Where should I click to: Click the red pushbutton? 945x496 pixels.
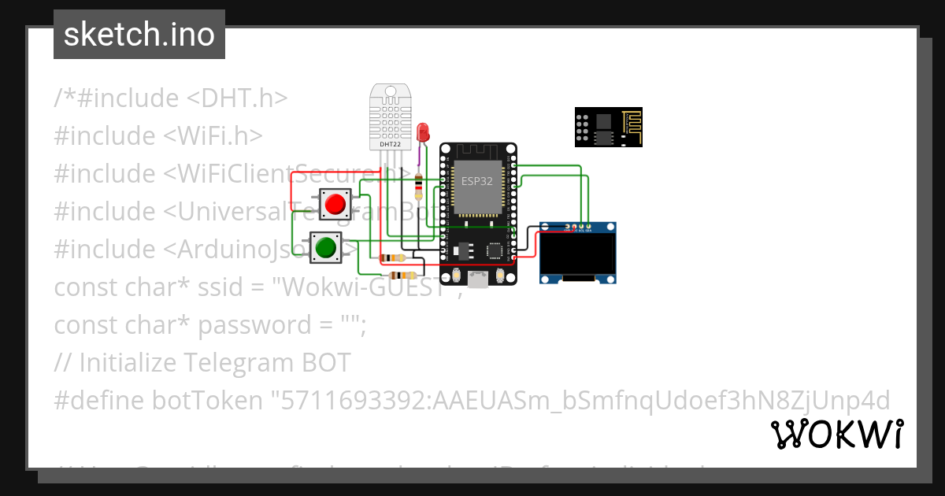pos(335,205)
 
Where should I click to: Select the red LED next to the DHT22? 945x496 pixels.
pos(423,131)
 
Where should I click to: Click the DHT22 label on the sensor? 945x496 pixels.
pos(390,145)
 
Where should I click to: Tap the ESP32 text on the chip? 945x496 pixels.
pos(478,181)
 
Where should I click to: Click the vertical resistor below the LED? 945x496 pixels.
pos(417,187)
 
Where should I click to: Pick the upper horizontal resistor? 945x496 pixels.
pos(392,258)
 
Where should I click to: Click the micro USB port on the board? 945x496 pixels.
pos(478,279)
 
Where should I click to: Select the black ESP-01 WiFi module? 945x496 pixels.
pos(607,128)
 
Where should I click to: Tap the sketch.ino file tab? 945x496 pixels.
pos(139,35)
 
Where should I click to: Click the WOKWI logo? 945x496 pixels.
pos(836,434)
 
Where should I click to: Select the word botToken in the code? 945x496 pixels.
pos(207,401)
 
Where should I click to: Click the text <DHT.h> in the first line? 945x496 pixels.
pos(237,98)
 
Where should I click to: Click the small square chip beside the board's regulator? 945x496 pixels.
pos(495,250)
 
